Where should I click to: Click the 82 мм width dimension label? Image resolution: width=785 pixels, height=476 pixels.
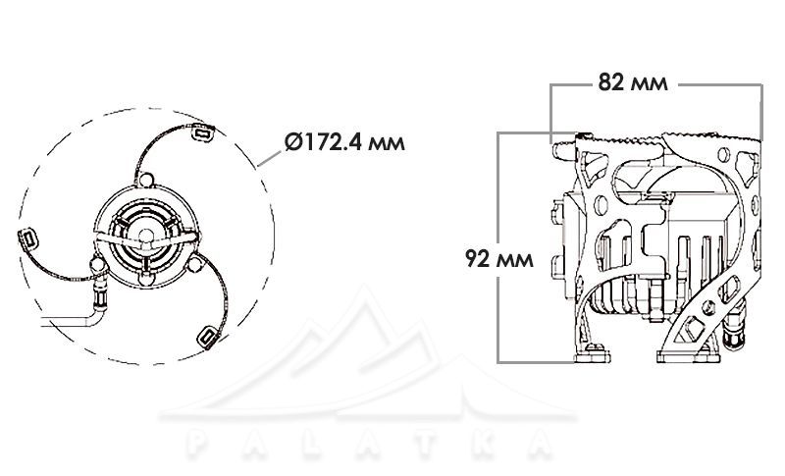(633, 83)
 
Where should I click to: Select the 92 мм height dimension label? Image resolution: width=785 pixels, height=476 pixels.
(499, 259)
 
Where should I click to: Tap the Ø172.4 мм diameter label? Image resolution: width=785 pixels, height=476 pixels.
(344, 142)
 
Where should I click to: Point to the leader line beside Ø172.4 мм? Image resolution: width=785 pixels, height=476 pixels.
(269, 158)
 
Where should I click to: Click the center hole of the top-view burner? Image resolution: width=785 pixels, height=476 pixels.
(145, 236)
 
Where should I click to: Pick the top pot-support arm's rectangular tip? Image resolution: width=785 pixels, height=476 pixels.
(203, 132)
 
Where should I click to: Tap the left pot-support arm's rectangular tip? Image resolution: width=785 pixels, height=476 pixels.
(28, 238)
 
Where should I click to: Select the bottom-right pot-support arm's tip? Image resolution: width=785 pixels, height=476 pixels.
(207, 338)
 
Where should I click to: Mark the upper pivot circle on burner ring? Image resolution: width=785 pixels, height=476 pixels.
(145, 180)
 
